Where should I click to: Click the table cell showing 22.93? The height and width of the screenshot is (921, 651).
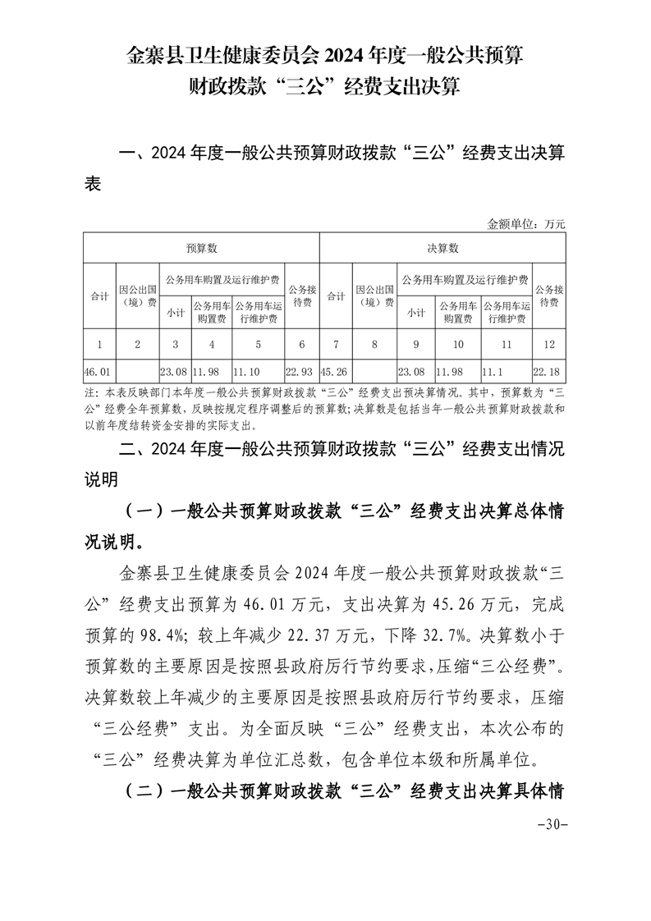[x=301, y=371]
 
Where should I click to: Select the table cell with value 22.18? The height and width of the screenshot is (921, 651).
[x=549, y=371]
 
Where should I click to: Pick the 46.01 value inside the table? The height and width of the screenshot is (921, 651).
[x=98, y=371]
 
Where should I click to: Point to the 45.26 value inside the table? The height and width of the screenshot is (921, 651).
[x=334, y=371]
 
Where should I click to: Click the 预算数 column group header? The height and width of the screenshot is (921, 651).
[x=200, y=248]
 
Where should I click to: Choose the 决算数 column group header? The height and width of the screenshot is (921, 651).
[x=442, y=248]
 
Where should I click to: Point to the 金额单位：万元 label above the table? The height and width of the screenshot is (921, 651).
[x=526, y=223]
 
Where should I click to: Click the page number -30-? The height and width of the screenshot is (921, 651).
[x=552, y=824]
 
